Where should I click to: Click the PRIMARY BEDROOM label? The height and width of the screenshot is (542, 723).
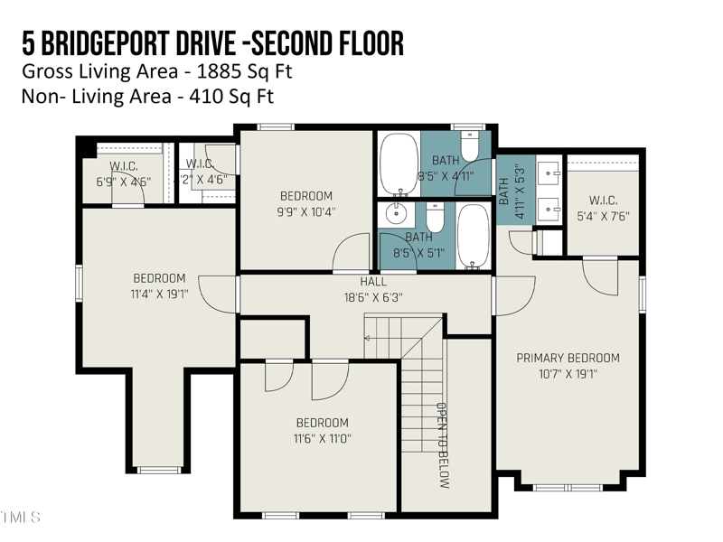click(568, 358)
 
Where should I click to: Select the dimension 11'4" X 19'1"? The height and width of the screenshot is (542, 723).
click(159, 294)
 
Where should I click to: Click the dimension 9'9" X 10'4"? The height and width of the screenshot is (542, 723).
click(306, 212)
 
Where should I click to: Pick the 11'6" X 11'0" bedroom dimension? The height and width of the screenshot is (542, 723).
click(323, 439)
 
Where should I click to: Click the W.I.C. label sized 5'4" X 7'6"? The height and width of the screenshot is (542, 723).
click(602, 201)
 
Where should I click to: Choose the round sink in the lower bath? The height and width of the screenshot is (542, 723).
click(396, 214)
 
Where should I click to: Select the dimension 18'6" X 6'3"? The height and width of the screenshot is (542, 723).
click(371, 297)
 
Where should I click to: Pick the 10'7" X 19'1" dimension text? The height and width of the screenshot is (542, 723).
click(568, 374)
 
